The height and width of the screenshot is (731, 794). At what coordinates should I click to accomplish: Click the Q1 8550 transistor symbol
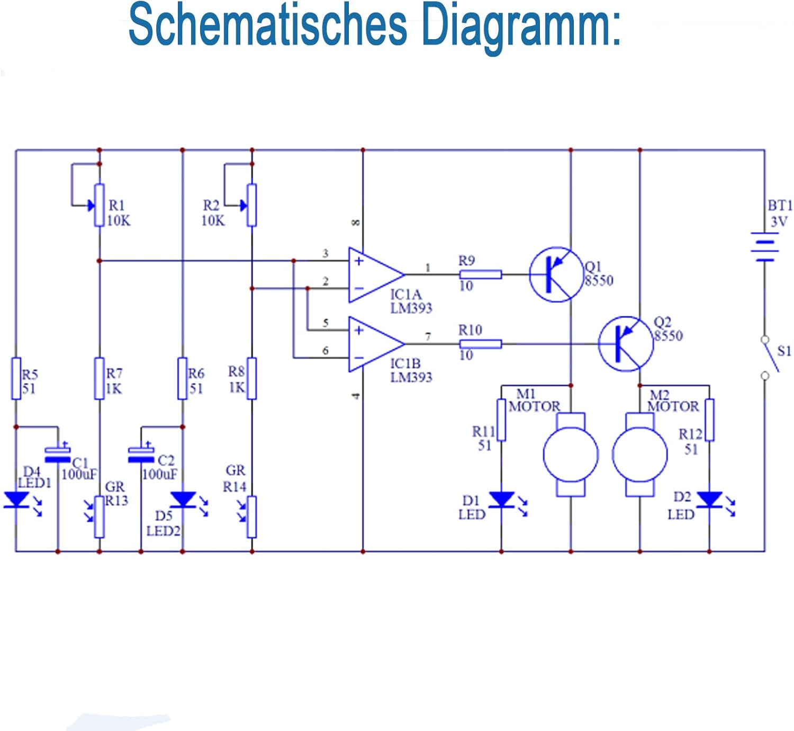(x=555, y=274)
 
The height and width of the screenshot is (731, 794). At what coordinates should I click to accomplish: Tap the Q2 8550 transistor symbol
(x=625, y=344)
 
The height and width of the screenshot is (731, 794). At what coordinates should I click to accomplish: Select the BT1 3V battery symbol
(x=764, y=247)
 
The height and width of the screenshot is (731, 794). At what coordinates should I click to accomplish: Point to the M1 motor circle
(x=571, y=454)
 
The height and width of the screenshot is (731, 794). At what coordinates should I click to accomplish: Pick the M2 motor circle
(x=639, y=454)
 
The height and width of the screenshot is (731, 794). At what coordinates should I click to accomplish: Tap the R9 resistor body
(x=480, y=274)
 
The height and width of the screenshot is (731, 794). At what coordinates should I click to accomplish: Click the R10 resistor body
(x=480, y=344)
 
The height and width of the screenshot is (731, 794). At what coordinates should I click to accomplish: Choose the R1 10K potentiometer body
(x=99, y=206)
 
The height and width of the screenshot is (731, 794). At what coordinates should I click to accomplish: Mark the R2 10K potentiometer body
(x=252, y=206)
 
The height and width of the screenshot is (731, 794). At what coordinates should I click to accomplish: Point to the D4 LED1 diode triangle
(x=16, y=500)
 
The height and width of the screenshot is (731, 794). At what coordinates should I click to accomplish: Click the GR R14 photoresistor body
(x=252, y=517)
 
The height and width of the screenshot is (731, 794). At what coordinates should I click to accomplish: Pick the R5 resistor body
(x=16, y=378)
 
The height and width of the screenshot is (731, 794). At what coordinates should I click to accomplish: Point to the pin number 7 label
(x=428, y=336)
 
